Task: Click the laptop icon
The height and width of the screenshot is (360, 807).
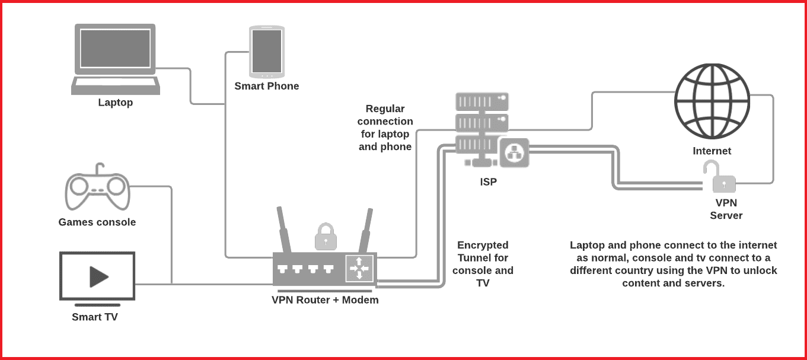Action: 114,59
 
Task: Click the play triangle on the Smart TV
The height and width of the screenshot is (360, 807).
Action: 98,276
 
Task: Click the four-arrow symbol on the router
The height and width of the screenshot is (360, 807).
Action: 359,269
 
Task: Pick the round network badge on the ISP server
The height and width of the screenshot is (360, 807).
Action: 513,152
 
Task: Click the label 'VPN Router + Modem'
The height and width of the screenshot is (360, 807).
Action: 325,300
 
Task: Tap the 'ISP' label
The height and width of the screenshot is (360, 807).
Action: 488,182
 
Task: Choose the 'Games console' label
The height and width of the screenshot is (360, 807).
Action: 97,222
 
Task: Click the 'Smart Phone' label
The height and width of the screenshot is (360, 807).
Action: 267,86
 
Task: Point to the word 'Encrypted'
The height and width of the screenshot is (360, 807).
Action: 483,245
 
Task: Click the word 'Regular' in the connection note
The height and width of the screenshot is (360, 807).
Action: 385,109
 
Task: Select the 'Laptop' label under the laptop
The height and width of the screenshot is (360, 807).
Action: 116,103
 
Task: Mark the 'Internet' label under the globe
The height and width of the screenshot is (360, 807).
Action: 712,151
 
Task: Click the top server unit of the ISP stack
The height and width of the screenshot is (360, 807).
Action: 481,101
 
